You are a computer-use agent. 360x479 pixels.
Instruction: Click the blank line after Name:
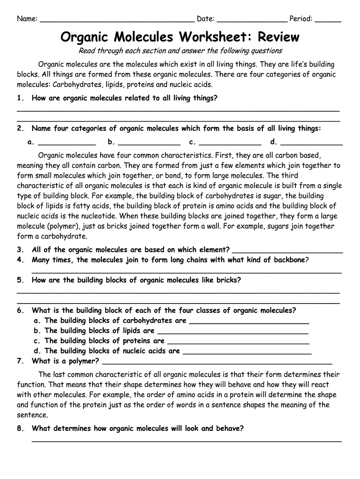117,20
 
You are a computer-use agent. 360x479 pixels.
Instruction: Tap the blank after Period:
328,20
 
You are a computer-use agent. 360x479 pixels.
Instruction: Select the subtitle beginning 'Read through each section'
180,51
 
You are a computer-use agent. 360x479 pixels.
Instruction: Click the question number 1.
20,98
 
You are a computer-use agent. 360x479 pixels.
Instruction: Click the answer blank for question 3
287,251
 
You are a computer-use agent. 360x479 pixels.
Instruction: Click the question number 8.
20,428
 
